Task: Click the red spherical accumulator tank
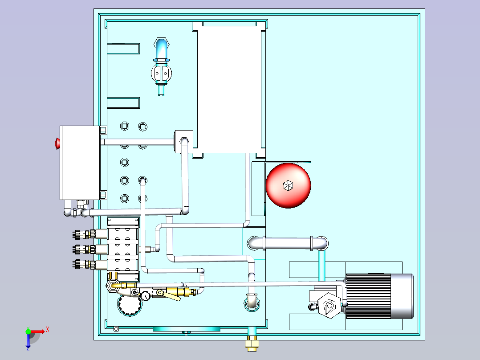(288, 185)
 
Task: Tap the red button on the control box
(57, 143)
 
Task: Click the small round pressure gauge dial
(146, 295)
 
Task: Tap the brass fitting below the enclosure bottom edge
(252, 344)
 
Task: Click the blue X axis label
(47, 329)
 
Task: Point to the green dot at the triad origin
(28, 331)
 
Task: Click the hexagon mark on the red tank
(288, 185)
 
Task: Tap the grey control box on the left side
(80, 163)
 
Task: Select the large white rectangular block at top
(228, 87)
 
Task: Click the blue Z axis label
(28, 349)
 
